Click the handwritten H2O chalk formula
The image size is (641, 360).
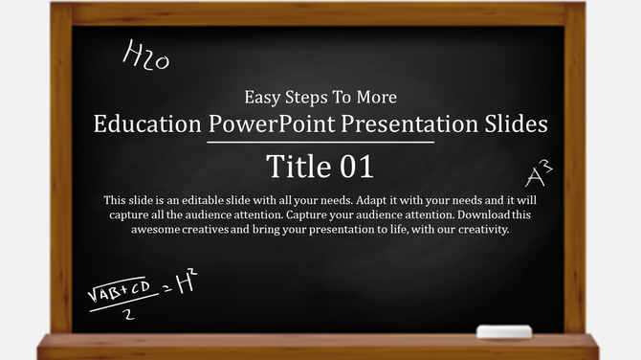(x=145, y=57)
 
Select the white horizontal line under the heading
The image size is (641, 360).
(x=320, y=143)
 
